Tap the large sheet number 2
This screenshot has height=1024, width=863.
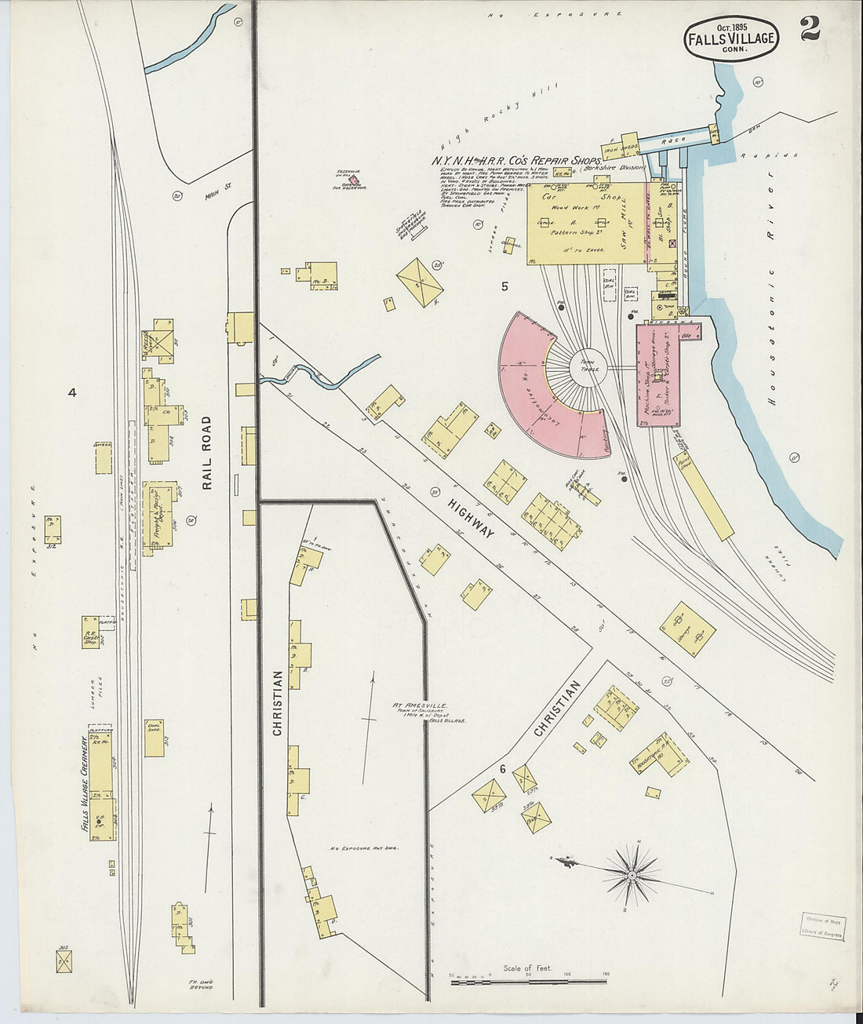click(810, 30)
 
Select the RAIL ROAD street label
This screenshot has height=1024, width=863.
click(207, 453)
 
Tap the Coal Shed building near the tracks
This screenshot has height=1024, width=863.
click(154, 738)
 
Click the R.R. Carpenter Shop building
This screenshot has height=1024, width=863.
click(91, 632)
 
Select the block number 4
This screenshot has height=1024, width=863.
click(71, 392)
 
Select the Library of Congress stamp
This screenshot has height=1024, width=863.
click(822, 927)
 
